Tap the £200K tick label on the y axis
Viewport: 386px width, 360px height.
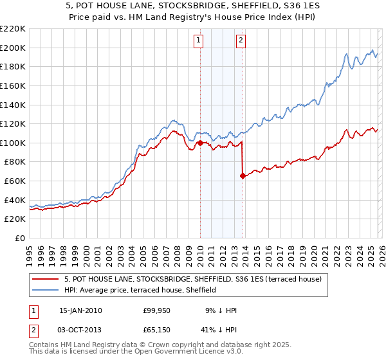pyautogui.click(x=12, y=48)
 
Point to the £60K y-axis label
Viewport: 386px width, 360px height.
pyautogui.click(x=14, y=181)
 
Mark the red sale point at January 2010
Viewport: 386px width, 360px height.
pyautogui.click(x=200, y=143)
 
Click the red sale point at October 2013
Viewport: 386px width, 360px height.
pyautogui.click(x=243, y=175)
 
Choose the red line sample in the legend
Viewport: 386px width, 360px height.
pyautogui.click(x=46, y=279)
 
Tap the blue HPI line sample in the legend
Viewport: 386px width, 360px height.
pyautogui.click(x=46, y=290)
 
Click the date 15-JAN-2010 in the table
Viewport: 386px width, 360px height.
pyautogui.click(x=80, y=310)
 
